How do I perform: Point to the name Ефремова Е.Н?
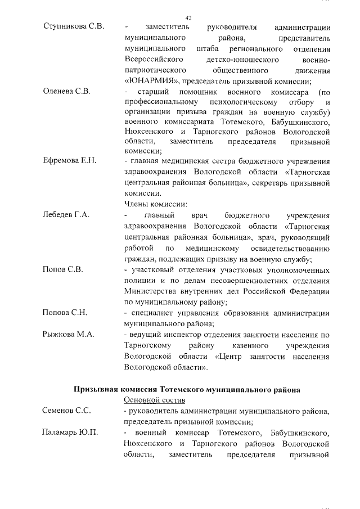(x=70, y=161)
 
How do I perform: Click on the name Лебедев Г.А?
(x=66, y=215)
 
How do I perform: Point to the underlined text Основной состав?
(x=154, y=400)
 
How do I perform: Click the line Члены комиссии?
(x=155, y=204)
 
